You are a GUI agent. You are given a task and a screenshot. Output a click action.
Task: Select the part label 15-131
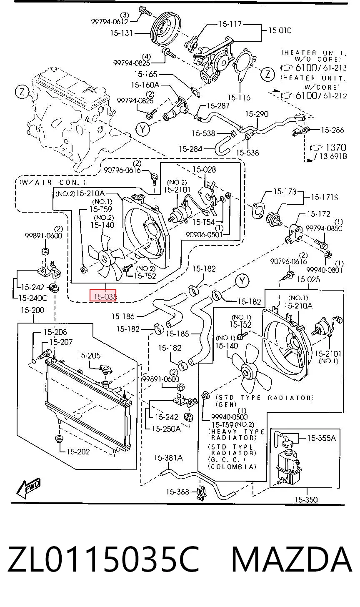(x=121, y=33)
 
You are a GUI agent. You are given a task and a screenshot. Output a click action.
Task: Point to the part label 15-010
(x=280, y=30)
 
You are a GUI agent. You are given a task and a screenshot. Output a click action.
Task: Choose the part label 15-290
(x=257, y=114)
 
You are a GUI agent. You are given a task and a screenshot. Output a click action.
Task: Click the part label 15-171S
(x=325, y=197)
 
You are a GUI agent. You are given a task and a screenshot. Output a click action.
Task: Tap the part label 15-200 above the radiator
(x=32, y=310)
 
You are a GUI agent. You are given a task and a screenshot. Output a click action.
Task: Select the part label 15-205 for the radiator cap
(x=89, y=355)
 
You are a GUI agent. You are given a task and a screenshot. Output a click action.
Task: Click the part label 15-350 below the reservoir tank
(x=306, y=499)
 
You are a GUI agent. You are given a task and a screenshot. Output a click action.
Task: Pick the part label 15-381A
(x=168, y=458)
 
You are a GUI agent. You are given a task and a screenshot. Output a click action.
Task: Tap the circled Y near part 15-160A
(x=142, y=129)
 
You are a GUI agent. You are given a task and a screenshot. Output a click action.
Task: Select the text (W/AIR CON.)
(x=52, y=182)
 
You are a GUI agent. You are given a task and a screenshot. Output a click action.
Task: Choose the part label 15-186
(x=123, y=316)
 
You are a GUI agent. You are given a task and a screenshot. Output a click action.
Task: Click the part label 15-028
(x=204, y=170)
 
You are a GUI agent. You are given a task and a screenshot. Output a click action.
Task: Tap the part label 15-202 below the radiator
(x=78, y=451)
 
